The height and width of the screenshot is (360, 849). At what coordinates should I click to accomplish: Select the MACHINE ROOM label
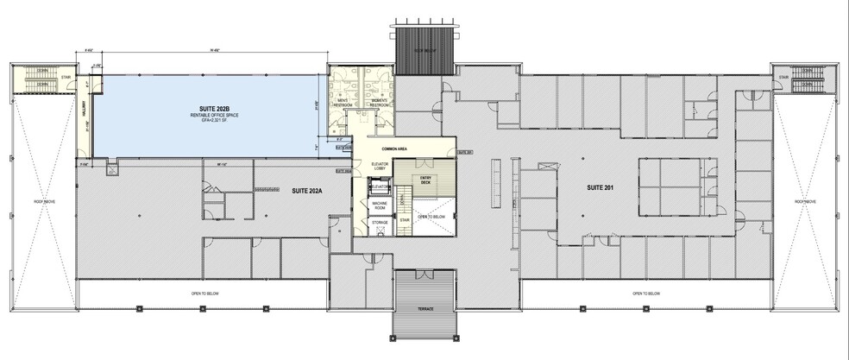(x=379, y=207)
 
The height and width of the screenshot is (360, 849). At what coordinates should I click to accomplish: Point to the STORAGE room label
(x=379, y=223)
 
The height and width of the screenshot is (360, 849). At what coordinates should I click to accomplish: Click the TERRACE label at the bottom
(x=423, y=309)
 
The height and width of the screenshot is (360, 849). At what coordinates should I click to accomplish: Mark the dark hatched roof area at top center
(x=424, y=47)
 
